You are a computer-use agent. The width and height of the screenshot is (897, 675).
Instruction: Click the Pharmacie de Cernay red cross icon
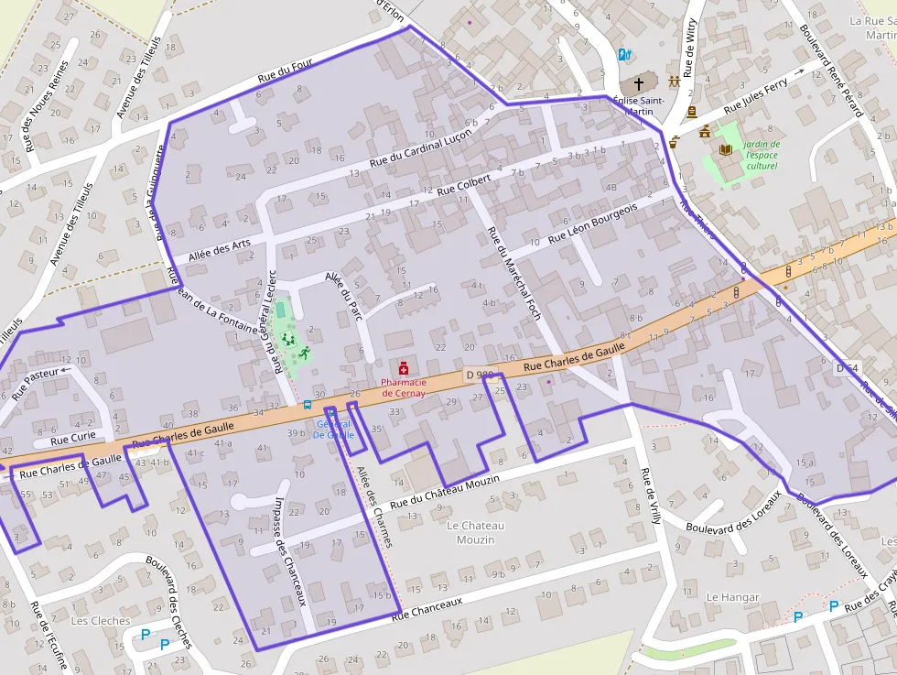coord(404,367)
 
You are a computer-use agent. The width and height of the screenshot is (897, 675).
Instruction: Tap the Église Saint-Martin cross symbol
coord(639,82)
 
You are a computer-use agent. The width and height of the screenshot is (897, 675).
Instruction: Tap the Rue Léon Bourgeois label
coord(592,224)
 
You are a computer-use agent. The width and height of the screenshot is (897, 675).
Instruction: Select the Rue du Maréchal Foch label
coord(514,273)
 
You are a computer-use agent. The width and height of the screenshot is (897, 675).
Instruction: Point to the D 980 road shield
coord(479,375)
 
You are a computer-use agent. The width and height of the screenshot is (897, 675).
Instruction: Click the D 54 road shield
coord(848,367)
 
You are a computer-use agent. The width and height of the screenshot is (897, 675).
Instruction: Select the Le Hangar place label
coord(732,597)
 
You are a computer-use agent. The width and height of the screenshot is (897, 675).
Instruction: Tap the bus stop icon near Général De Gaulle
coord(308,404)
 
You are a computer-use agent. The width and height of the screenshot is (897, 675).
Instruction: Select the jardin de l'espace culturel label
coord(761,155)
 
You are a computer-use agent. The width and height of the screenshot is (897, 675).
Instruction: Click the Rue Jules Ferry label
coord(755,96)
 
